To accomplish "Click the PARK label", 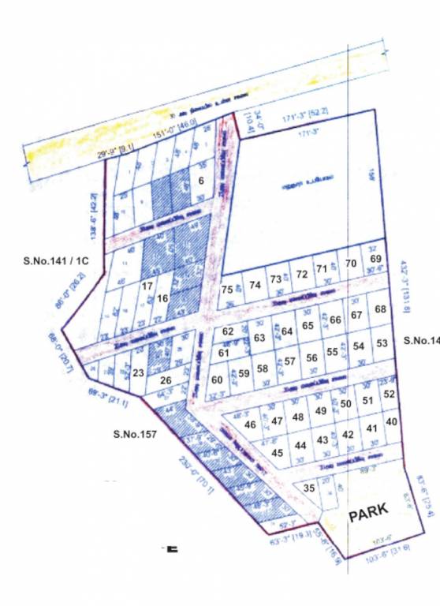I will (368, 513).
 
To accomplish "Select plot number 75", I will (228, 290).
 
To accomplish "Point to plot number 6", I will (202, 181).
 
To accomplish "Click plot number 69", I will (376, 260).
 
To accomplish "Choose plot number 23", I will (138, 372).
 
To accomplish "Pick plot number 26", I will (166, 380).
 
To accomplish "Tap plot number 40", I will (392, 422).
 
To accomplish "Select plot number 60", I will (218, 380).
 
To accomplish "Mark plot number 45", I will (277, 453).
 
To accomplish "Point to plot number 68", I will (381, 309).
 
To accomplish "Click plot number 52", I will (389, 394).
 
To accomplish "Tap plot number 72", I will (301, 275).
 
